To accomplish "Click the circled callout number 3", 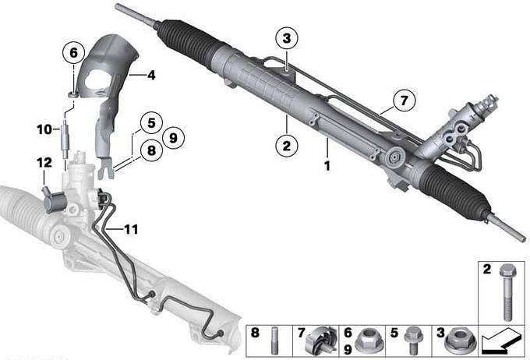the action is [x=286, y=38].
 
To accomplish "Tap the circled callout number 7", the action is [x=404, y=101].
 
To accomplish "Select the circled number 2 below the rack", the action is [x=287, y=146].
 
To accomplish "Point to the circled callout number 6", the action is [x=74, y=53].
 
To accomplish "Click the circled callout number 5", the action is [x=151, y=122].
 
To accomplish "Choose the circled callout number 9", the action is [x=173, y=138].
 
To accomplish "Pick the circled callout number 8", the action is [x=151, y=150].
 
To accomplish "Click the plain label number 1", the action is [x=327, y=166].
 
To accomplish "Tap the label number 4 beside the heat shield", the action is [x=151, y=75].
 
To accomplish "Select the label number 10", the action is [x=44, y=129].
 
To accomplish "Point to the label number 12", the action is [x=44, y=163].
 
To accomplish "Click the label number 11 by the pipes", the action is [x=131, y=230].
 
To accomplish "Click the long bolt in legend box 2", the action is [x=506, y=292].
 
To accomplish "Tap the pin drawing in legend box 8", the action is [x=274, y=341].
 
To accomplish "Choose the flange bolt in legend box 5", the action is [x=412, y=340].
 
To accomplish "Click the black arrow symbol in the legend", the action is [x=501, y=341].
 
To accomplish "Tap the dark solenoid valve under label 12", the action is [x=54, y=200].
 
